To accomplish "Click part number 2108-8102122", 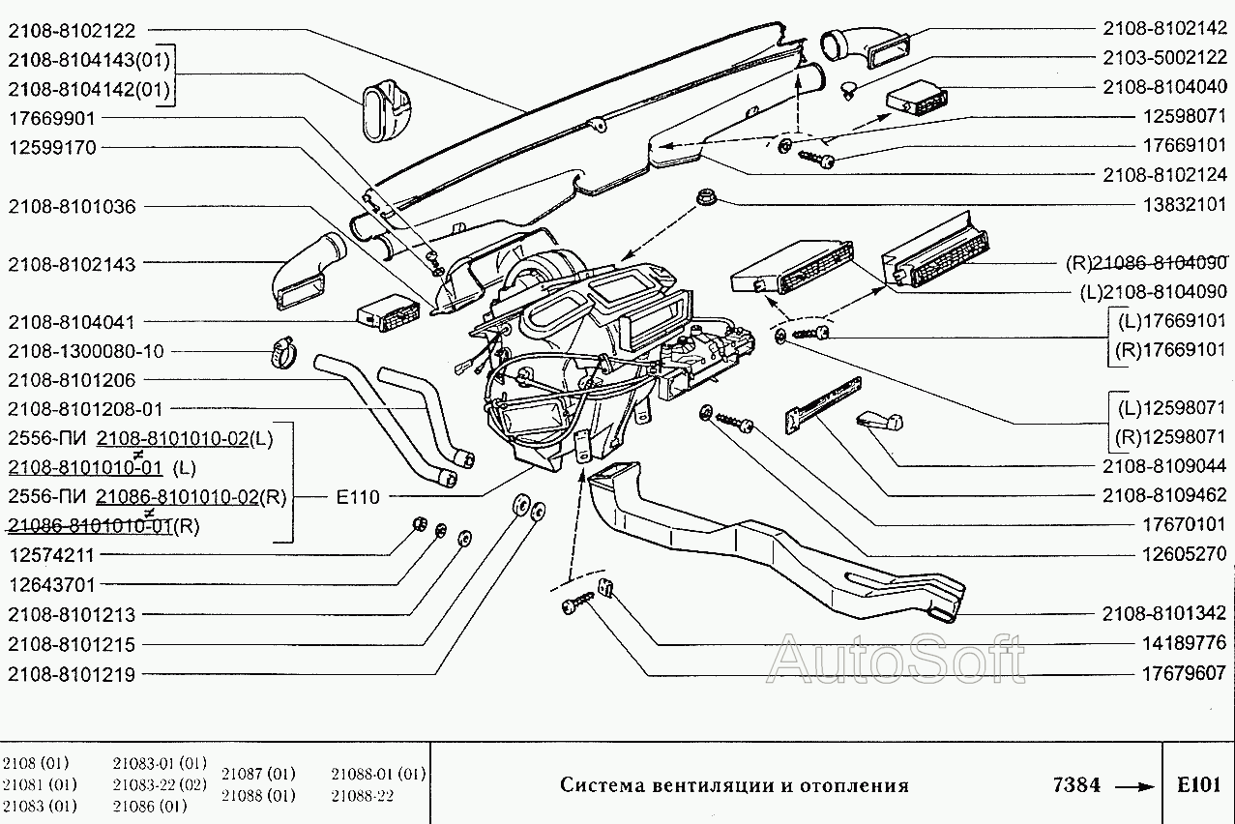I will tap(73, 31).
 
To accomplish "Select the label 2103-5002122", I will tap(1164, 57).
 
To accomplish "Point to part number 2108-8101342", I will tap(1164, 613).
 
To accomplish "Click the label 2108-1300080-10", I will tap(86, 351).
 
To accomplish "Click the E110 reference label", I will tap(358, 497).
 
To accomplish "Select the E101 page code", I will tap(1198, 784).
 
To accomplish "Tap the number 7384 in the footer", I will tap(1075, 784).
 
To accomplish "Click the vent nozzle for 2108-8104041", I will tap(389, 314).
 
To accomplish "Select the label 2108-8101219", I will tap(73, 674).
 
